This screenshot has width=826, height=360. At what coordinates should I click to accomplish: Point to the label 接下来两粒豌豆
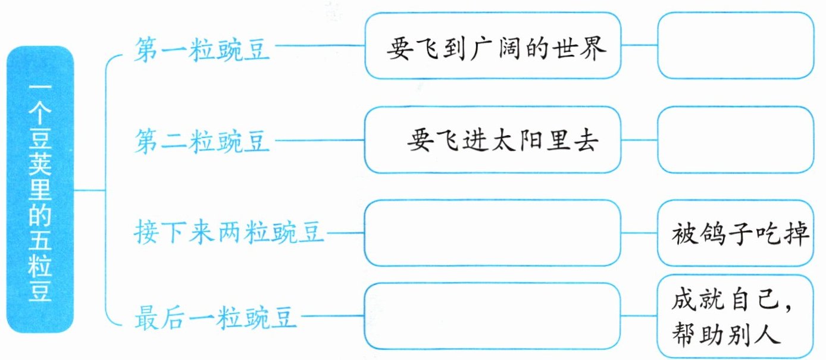pos(229,233)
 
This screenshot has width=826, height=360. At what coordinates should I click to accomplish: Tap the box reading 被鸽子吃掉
pos(736,233)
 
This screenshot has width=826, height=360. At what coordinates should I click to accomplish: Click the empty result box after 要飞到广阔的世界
pos(736,46)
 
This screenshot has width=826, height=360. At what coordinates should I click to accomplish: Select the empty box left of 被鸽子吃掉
pos(492,233)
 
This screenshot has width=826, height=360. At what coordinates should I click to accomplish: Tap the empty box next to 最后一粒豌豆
pos(492,316)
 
